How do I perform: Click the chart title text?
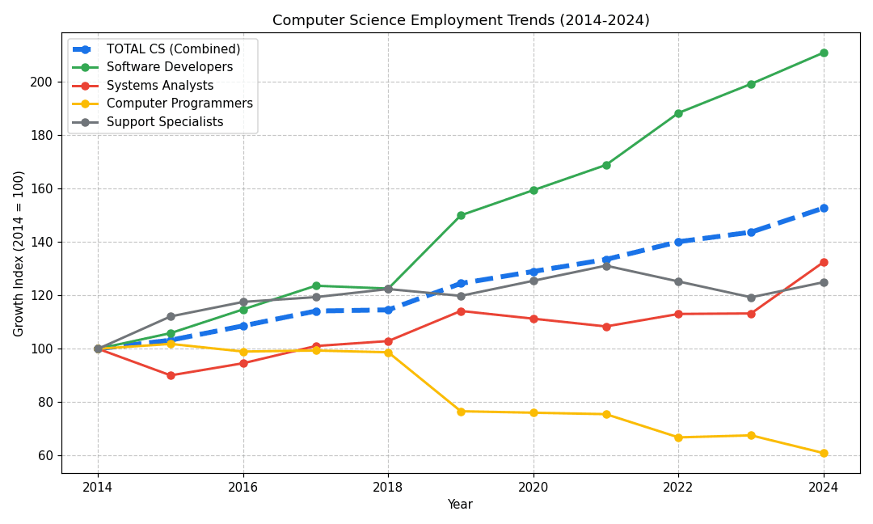[461, 21]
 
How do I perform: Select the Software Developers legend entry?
[170, 67]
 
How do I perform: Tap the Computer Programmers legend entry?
[179, 104]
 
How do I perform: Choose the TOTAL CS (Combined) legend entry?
[173, 49]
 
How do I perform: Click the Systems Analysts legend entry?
[160, 86]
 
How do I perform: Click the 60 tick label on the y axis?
[45, 455]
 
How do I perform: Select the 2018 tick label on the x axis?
[388, 487]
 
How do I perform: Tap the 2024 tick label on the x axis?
[824, 487]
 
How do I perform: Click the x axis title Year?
[460, 505]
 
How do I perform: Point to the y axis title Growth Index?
[19, 253]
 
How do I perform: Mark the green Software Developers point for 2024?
[824, 53]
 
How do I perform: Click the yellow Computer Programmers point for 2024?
[824, 453]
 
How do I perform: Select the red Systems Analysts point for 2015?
[171, 375]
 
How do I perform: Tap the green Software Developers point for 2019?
[461, 215]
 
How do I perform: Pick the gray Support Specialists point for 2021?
[606, 265]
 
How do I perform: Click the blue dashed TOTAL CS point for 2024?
[824, 208]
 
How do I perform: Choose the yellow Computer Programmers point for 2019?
[461, 412]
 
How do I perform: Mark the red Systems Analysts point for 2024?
[824, 262]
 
